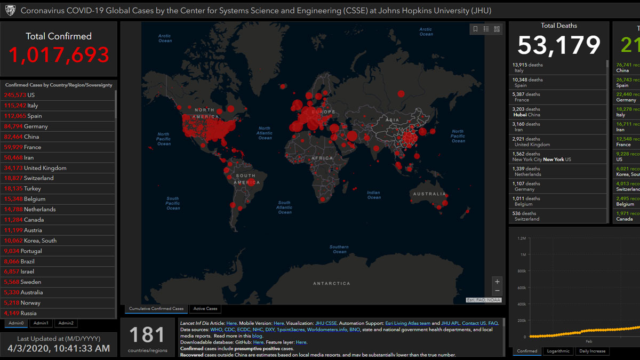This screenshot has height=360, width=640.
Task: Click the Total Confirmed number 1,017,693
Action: pyautogui.click(x=59, y=55)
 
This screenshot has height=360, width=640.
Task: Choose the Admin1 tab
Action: pyautogui.click(x=41, y=323)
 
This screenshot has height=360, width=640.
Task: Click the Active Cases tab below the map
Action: pyautogui.click(x=205, y=309)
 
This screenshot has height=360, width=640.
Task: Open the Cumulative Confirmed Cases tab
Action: pyautogui.click(x=156, y=309)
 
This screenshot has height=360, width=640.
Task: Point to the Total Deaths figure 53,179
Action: pyautogui.click(x=558, y=45)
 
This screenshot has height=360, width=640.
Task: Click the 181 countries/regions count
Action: pyautogui.click(x=147, y=335)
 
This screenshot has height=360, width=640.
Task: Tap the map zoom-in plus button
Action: pyautogui.click(x=497, y=282)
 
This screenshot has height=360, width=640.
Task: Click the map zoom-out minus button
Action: pyautogui.click(x=497, y=291)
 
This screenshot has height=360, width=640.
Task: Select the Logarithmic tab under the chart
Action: pyautogui.click(x=558, y=351)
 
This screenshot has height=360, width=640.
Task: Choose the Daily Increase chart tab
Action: pyautogui.click(x=592, y=351)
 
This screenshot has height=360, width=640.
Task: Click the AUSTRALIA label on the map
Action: pyautogui.click(x=429, y=194)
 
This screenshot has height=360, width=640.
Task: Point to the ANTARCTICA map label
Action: pyautogui.click(x=332, y=283)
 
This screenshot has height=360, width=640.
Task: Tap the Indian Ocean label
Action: pyautogui.click(x=374, y=195)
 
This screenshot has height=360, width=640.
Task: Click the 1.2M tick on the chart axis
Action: pyautogui.click(x=521, y=238)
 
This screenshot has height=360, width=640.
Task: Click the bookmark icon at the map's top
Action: pyautogui.click(x=475, y=29)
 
